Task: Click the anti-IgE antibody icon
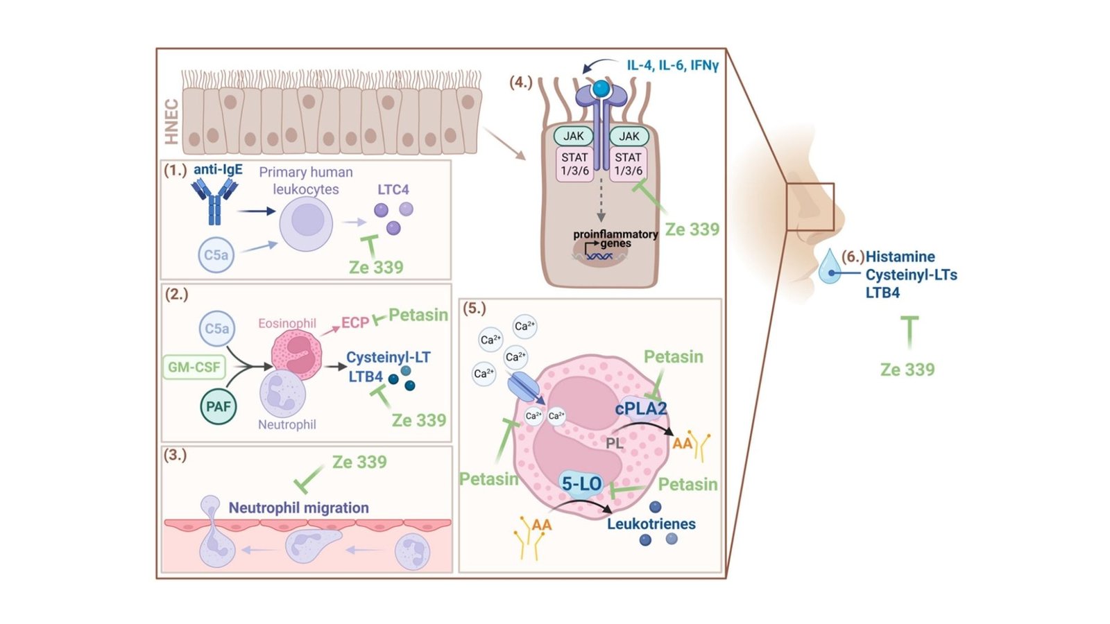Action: pyautogui.click(x=214, y=200)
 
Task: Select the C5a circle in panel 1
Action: pyautogui.click(x=216, y=255)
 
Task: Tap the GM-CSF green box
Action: pyautogui.click(x=194, y=367)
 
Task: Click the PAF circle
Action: pyautogui.click(x=218, y=406)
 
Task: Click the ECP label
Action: pyautogui.click(x=355, y=323)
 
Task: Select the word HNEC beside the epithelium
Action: pyautogui.click(x=171, y=122)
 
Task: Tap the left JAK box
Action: pyautogui.click(x=573, y=136)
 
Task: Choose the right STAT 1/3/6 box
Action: pyautogui.click(x=628, y=164)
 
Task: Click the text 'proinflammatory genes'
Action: pyautogui.click(x=615, y=238)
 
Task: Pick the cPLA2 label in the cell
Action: pyautogui.click(x=640, y=409)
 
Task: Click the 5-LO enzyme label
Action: pyautogui.click(x=581, y=484)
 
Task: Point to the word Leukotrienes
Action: pyautogui.click(x=651, y=524)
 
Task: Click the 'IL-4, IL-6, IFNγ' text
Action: pyautogui.click(x=672, y=65)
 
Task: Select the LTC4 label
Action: pyautogui.click(x=393, y=189)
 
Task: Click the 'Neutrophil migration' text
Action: pyautogui.click(x=298, y=508)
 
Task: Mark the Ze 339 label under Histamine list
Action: pyautogui.click(x=907, y=370)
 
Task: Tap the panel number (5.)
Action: pyautogui.click(x=475, y=309)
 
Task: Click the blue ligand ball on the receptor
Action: pyautogui.click(x=601, y=89)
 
